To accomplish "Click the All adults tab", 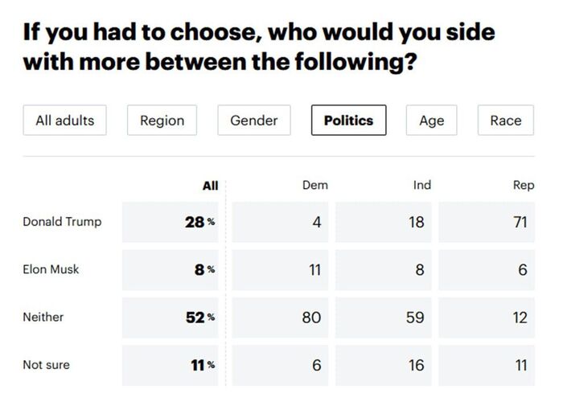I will click(x=64, y=121).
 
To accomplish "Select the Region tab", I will click(x=162, y=121).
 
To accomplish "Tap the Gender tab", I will click(x=253, y=121).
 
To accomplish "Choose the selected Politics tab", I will click(x=348, y=121).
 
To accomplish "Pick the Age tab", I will click(x=431, y=121).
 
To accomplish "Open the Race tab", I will click(x=505, y=121).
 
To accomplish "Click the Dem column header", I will click(x=314, y=185).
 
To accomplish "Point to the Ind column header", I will click(x=421, y=185).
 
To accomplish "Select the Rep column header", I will click(x=523, y=185).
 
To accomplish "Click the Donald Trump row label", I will click(x=62, y=222).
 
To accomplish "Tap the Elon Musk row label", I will click(x=51, y=269).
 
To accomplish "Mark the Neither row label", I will click(x=43, y=317).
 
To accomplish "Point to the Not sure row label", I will click(x=46, y=365).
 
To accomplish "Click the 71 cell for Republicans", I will click(x=520, y=222).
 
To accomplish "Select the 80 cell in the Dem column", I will click(x=311, y=318).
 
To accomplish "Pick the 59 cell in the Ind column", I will click(x=415, y=318).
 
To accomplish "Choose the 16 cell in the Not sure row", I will click(x=416, y=365).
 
